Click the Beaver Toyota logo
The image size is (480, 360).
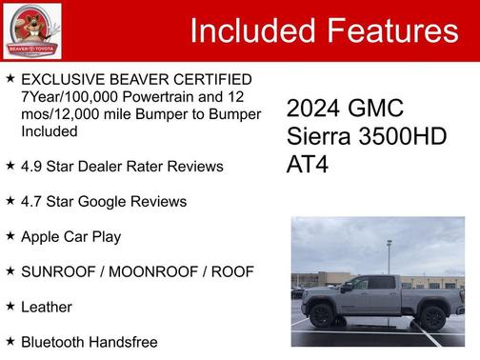point(31,30)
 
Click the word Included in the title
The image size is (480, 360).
point(250,31)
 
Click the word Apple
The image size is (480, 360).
point(43,236)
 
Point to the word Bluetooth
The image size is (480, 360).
point(55,342)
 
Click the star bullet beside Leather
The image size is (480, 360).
point(10,306)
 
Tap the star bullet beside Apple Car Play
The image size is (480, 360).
point(10,235)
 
